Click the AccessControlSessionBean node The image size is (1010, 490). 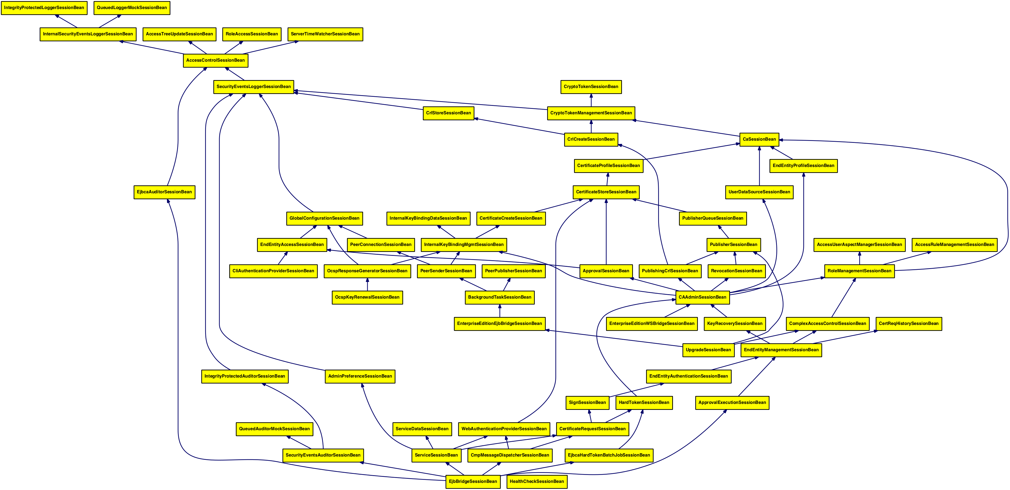click(215, 60)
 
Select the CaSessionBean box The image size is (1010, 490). click(759, 139)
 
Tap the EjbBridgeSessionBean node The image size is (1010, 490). click(473, 481)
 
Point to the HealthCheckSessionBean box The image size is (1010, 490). click(536, 481)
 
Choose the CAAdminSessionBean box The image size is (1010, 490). click(702, 297)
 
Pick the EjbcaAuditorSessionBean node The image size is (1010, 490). click(164, 192)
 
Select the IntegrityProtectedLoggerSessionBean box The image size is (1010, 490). click(44, 8)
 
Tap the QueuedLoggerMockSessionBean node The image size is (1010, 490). click(132, 8)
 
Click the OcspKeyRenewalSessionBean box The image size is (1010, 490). click(367, 297)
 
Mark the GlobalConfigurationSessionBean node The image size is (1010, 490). click(324, 218)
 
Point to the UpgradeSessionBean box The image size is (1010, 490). click(708, 350)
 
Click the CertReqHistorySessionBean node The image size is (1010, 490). click(909, 323)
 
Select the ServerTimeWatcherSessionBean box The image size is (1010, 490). click(325, 34)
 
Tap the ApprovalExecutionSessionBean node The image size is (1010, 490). click(732, 403)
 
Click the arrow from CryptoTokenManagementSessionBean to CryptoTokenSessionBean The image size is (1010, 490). click(591, 100)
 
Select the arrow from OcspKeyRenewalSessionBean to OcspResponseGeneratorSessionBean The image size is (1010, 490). click(367, 284)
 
